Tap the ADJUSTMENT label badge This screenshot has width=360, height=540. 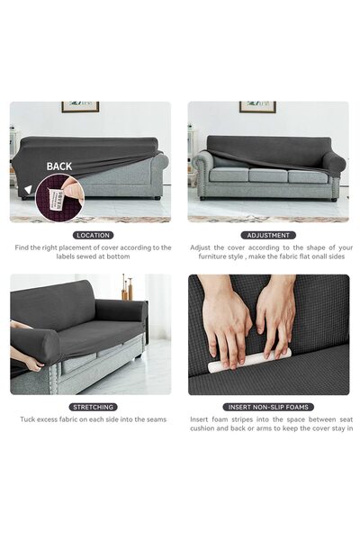267,235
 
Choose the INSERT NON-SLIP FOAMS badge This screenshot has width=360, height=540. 268,407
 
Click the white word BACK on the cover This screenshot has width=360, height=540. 59,166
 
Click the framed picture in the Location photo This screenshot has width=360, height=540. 80,107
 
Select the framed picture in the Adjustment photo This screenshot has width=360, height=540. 257,107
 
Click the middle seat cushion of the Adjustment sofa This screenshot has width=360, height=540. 268,175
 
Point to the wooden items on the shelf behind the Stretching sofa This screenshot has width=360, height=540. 127,290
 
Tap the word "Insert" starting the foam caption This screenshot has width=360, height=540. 200,419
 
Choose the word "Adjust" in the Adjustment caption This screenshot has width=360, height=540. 202,247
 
